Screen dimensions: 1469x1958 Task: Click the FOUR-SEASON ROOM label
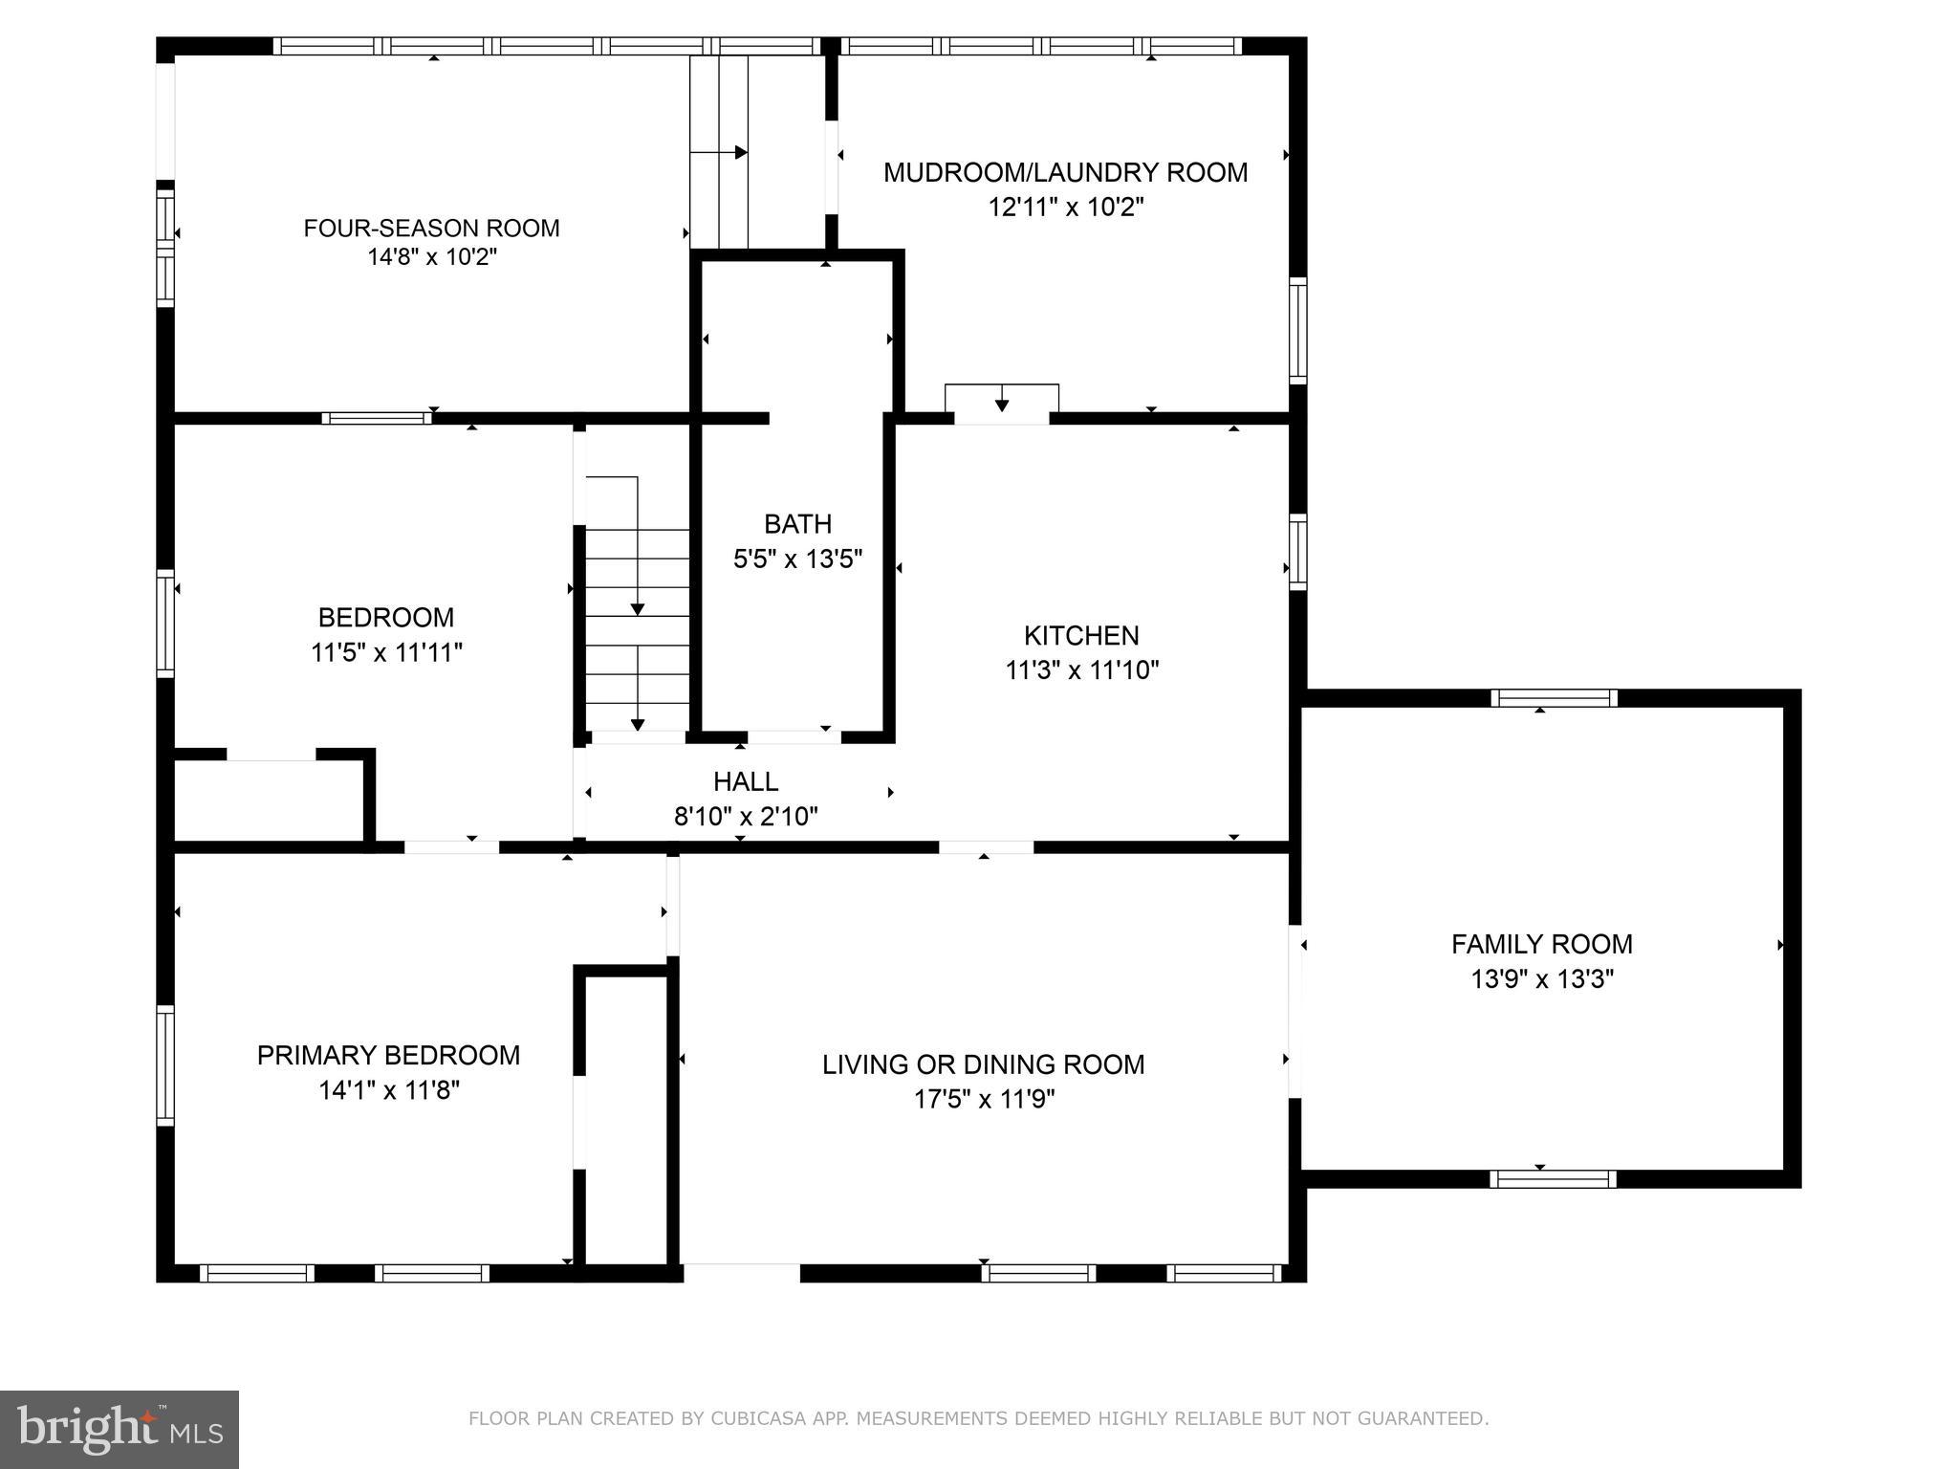pyautogui.click(x=431, y=228)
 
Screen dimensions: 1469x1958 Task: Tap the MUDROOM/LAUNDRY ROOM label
pyautogui.click(x=1065, y=172)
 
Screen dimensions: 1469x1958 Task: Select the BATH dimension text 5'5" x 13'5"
pyautogui.click(x=797, y=559)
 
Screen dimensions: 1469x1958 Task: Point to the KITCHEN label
pyautogui.click(x=1081, y=635)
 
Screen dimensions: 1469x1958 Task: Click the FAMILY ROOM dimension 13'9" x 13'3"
pyautogui.click(x=1541, y=979)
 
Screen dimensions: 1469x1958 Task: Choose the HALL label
pyautogui.click(x=746, y=781)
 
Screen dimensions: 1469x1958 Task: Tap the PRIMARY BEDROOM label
pyautogui.click(x=388, y=1055)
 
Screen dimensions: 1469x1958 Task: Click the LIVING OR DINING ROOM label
pyautogui.click(x=983, y=1064)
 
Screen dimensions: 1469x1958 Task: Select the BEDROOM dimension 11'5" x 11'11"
pyautogui.click(x=386, y=652)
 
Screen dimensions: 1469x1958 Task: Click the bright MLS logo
pyautogui.click(x=120, y=1430)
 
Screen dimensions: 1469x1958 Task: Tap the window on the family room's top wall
pyautogui.click(x=1554, y=698)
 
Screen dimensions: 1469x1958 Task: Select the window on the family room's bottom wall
pyautogui.click(x=1553, y=1179)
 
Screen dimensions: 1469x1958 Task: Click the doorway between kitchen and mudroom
pyautogui.click(x=1001, y=417)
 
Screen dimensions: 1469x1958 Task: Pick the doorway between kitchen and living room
pyautogui.click(x=986, y=847)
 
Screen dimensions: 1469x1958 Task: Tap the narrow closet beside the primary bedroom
pyautogui.click(x=625, y=1119)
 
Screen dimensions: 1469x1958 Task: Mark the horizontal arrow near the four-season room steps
pyautogui.click(x=719, y=152)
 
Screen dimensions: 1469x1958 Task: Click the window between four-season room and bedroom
pyautogui.click(x=377, y=418)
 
